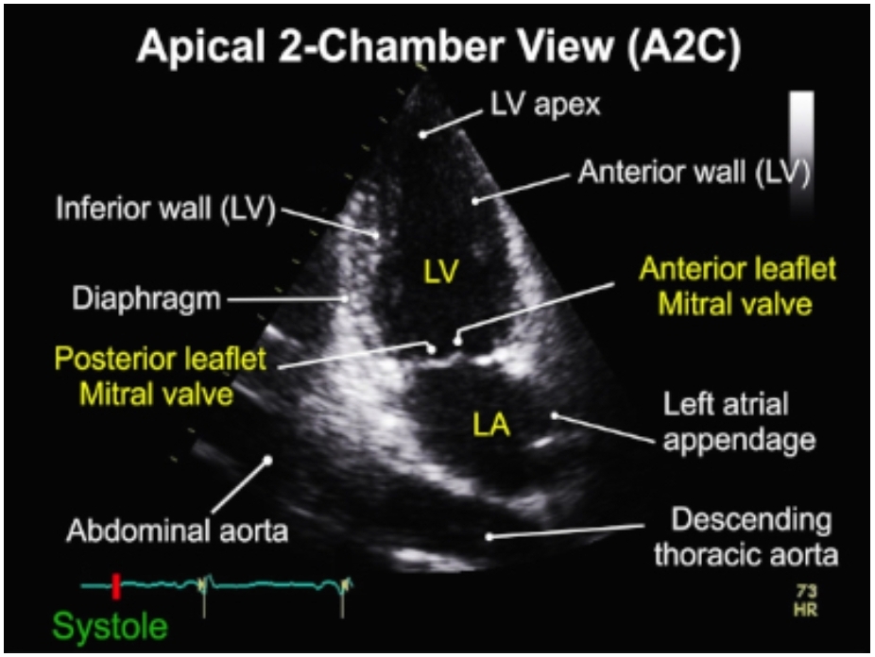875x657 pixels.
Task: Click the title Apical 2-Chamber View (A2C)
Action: click(438, 48)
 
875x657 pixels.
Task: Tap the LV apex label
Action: click(544, 104)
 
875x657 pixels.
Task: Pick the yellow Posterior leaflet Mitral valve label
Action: click(158, 376)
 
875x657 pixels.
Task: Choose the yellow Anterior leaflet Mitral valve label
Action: click(737, 286)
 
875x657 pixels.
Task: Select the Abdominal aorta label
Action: click(177, 531)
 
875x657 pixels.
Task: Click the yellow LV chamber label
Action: click(440, 272)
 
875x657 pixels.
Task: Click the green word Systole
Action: click(111, 625)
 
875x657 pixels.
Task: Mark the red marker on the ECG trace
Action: click(116, 586)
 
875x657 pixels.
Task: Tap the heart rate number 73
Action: click(806, 591)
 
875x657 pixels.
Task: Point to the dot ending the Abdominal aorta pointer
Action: click(267, 461)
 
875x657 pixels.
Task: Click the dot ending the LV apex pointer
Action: click(423, 135)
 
